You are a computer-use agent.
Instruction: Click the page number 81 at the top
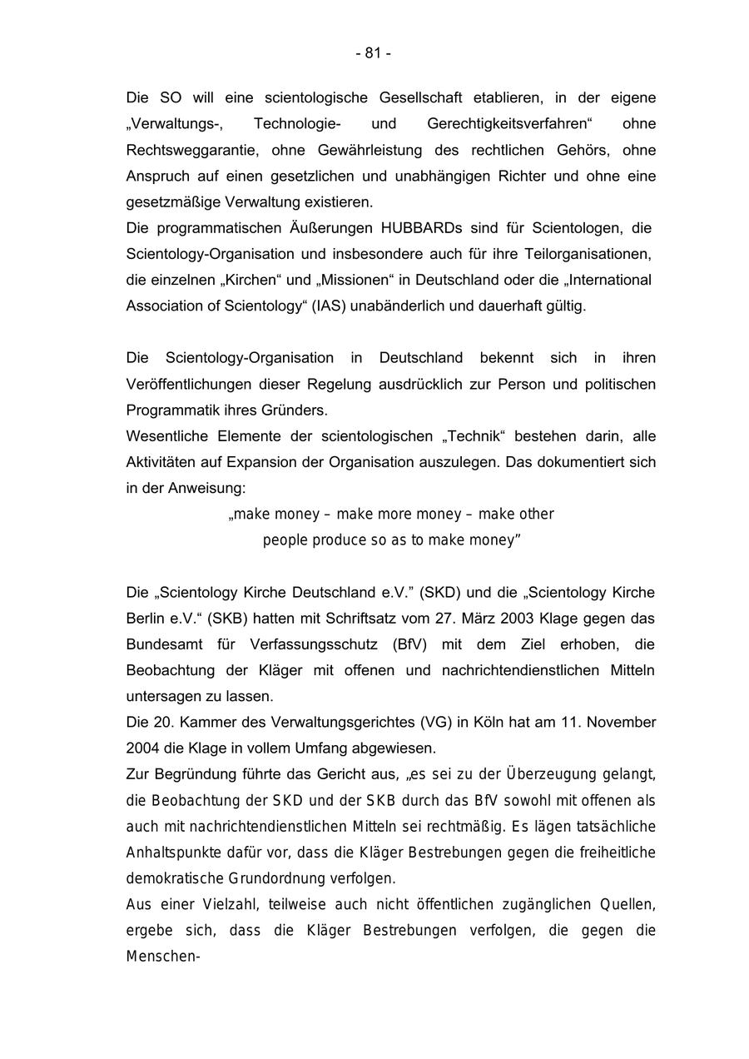click(374, 53)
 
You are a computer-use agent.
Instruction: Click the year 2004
click(142, 748)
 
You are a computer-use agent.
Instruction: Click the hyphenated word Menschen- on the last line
click(164, 957)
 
